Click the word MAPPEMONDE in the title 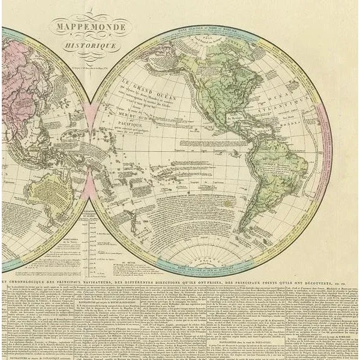tap(89, 27)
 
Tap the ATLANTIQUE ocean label tap(291, 111)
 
